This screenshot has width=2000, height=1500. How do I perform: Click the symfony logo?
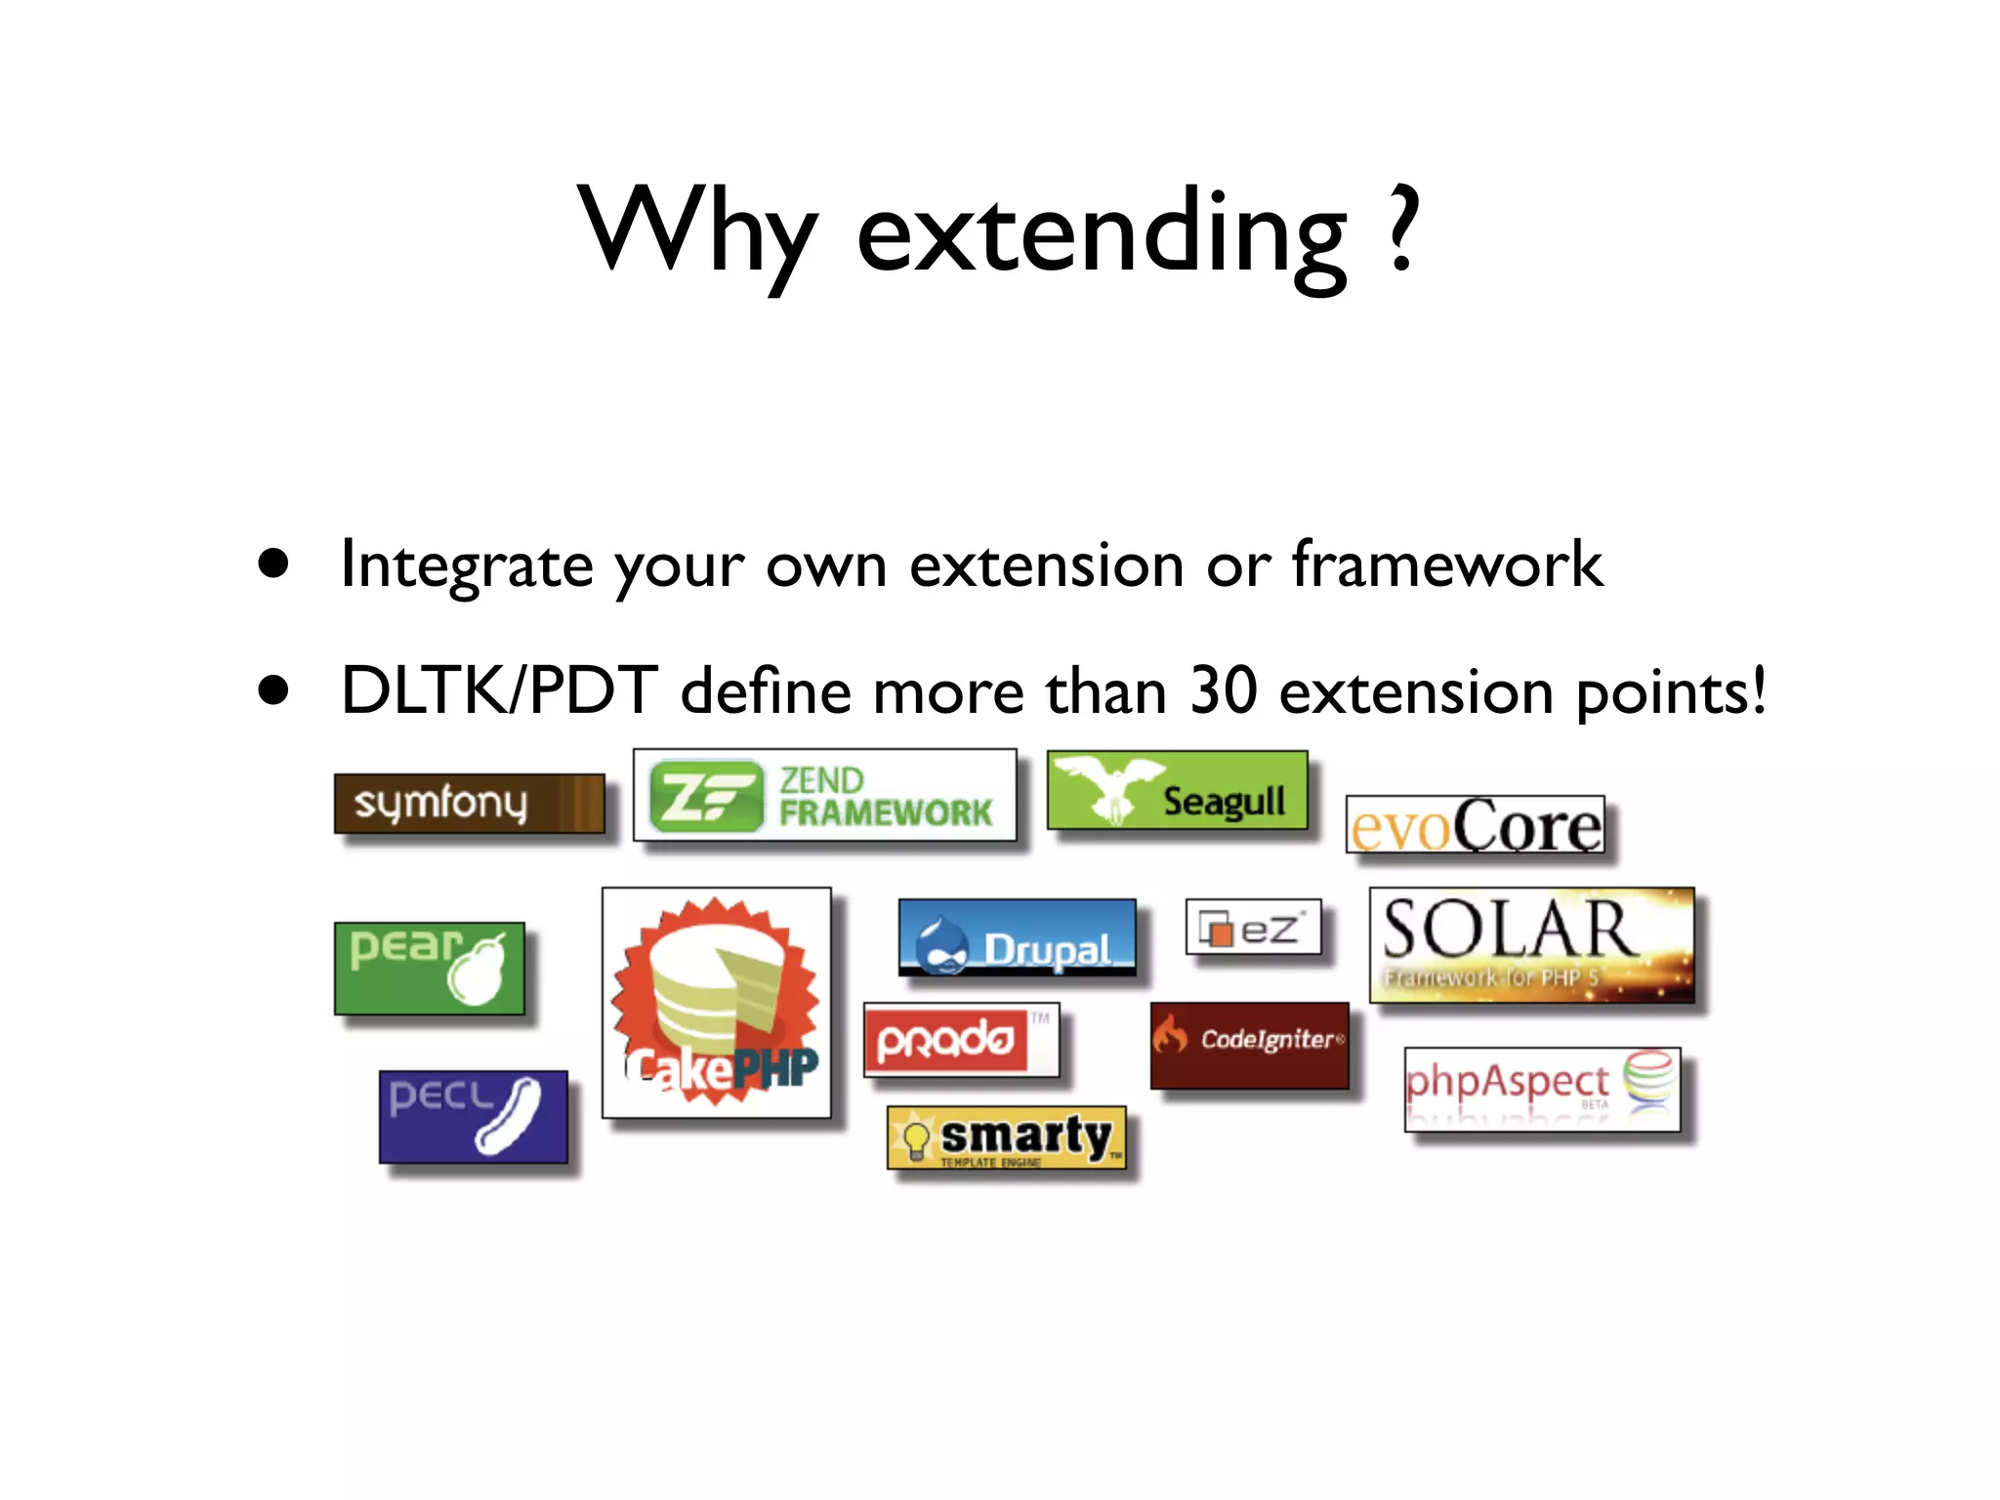469,803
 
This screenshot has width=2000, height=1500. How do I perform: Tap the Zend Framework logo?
824,795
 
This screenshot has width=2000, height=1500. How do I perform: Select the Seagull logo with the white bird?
1177,790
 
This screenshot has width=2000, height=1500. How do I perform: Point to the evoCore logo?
1475,825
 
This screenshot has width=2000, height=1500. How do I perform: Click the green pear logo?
429,968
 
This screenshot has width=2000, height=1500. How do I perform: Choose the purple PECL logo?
473,1116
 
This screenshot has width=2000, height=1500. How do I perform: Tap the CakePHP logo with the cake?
716,1002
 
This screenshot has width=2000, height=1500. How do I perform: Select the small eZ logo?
1253,927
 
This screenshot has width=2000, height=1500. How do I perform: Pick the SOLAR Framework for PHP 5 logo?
1531,944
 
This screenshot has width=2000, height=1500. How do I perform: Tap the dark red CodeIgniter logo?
1249,1045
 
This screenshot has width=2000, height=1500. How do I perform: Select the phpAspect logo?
1542,1089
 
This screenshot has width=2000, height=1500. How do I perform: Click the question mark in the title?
1402,230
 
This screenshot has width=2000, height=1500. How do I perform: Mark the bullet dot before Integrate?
274,563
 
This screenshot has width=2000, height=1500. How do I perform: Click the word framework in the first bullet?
1446,564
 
